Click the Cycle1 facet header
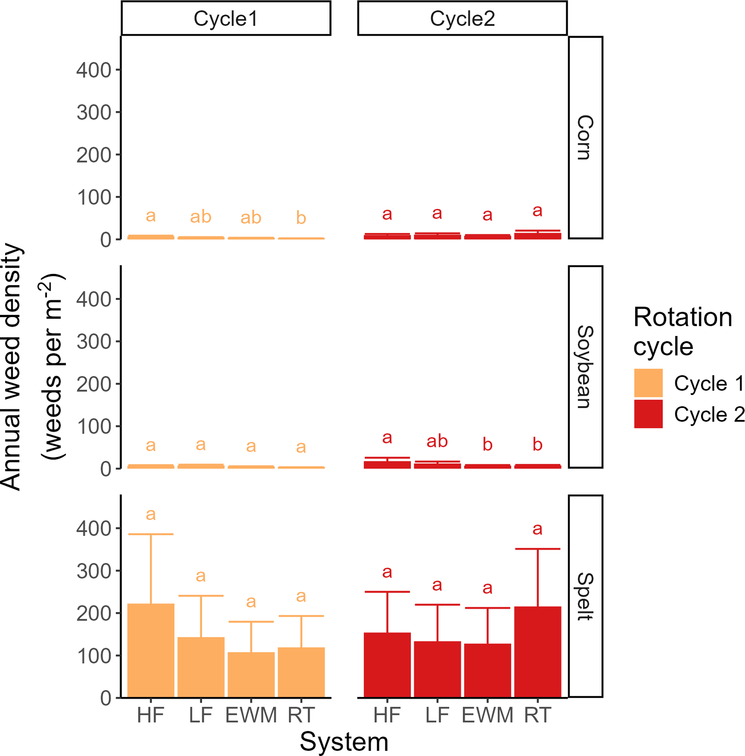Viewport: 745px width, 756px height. coord(226,18)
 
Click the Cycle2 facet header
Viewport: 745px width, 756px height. coord(462,18)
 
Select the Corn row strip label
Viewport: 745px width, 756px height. coord(586,137)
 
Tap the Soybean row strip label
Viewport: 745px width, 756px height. coord(586,367)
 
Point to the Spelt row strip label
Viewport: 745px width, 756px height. coord(586,596)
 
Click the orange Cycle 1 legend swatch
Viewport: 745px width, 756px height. coord(648,383)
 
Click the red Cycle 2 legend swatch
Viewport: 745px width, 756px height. coord(648,413)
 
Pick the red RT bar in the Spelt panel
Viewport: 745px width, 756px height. coord(538,652)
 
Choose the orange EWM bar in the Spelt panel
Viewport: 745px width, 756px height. coord(251,675)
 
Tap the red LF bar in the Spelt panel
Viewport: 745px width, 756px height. coord(437,669)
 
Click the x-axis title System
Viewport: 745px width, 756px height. coord(344,742)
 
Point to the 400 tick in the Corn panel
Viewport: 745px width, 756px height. coord(94,71)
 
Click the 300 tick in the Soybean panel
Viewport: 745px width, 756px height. coord(94,342)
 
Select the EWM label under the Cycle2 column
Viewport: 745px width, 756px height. coord(487,715)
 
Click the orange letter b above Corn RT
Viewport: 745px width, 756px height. coord(301,218)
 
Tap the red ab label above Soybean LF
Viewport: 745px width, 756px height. coord(437,442)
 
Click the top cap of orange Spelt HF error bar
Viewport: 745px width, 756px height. coord(151,534)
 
